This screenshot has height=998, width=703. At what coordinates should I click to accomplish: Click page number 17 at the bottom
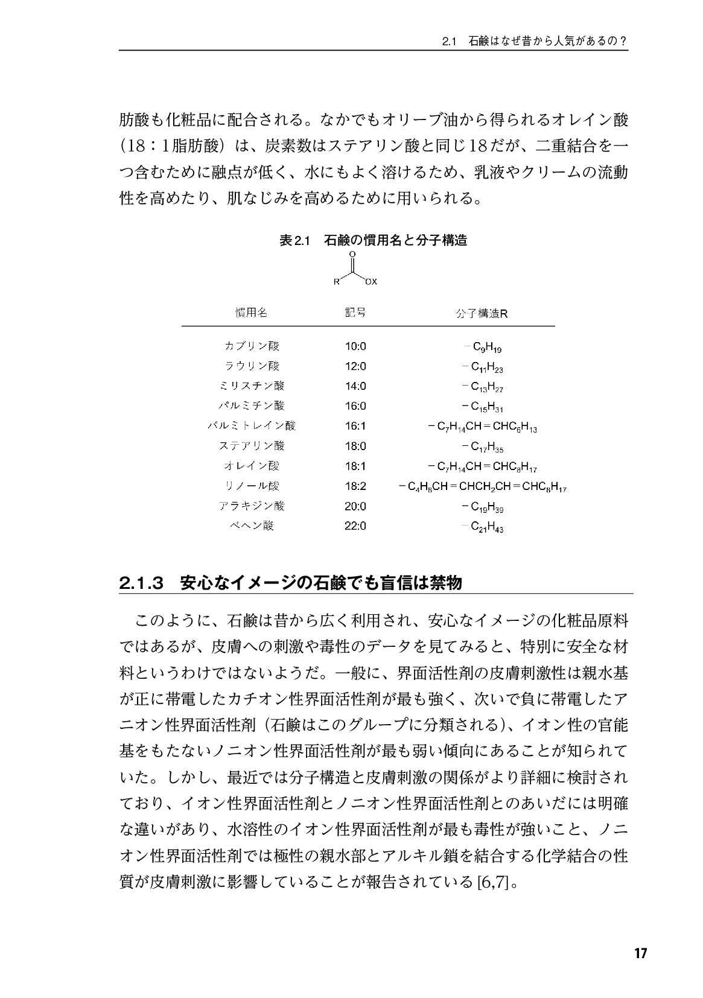click(640, 954)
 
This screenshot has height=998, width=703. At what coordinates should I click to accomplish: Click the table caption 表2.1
click(294, 240)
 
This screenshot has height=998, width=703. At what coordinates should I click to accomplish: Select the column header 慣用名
click(251, 313)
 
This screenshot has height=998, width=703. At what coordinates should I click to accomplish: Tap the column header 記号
click(355, 313)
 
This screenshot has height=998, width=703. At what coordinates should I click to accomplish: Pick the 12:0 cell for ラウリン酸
click(355, 366)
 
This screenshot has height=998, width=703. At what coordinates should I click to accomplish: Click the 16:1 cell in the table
click(355, 426)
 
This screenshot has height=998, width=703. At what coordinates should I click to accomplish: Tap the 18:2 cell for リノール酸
click(355, 486)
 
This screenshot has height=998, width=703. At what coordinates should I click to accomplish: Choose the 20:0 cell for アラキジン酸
click(355, 506)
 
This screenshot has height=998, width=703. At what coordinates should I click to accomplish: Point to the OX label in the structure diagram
click(371, 281)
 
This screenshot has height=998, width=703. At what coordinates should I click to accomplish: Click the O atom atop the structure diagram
click(352, 254)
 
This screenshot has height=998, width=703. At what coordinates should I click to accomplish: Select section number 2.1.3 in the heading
click(142, 583)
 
